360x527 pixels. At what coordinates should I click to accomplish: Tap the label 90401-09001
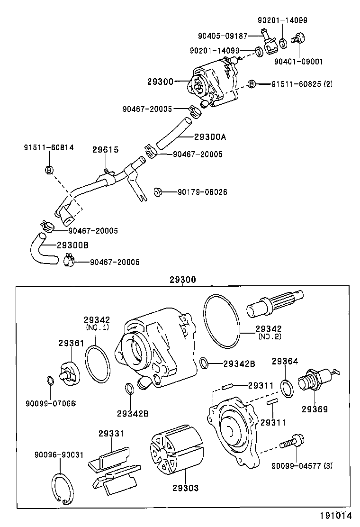[x=298, y=61]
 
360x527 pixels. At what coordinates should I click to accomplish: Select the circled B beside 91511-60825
[x=252, y=84]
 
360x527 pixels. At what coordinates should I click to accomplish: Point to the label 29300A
[x=210, y=137]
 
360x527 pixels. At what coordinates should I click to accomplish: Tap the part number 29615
[x=105, y=150]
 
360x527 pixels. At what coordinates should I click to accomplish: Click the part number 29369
[x=315, y=409]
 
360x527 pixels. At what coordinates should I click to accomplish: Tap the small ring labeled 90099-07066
[x=51, y=380]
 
